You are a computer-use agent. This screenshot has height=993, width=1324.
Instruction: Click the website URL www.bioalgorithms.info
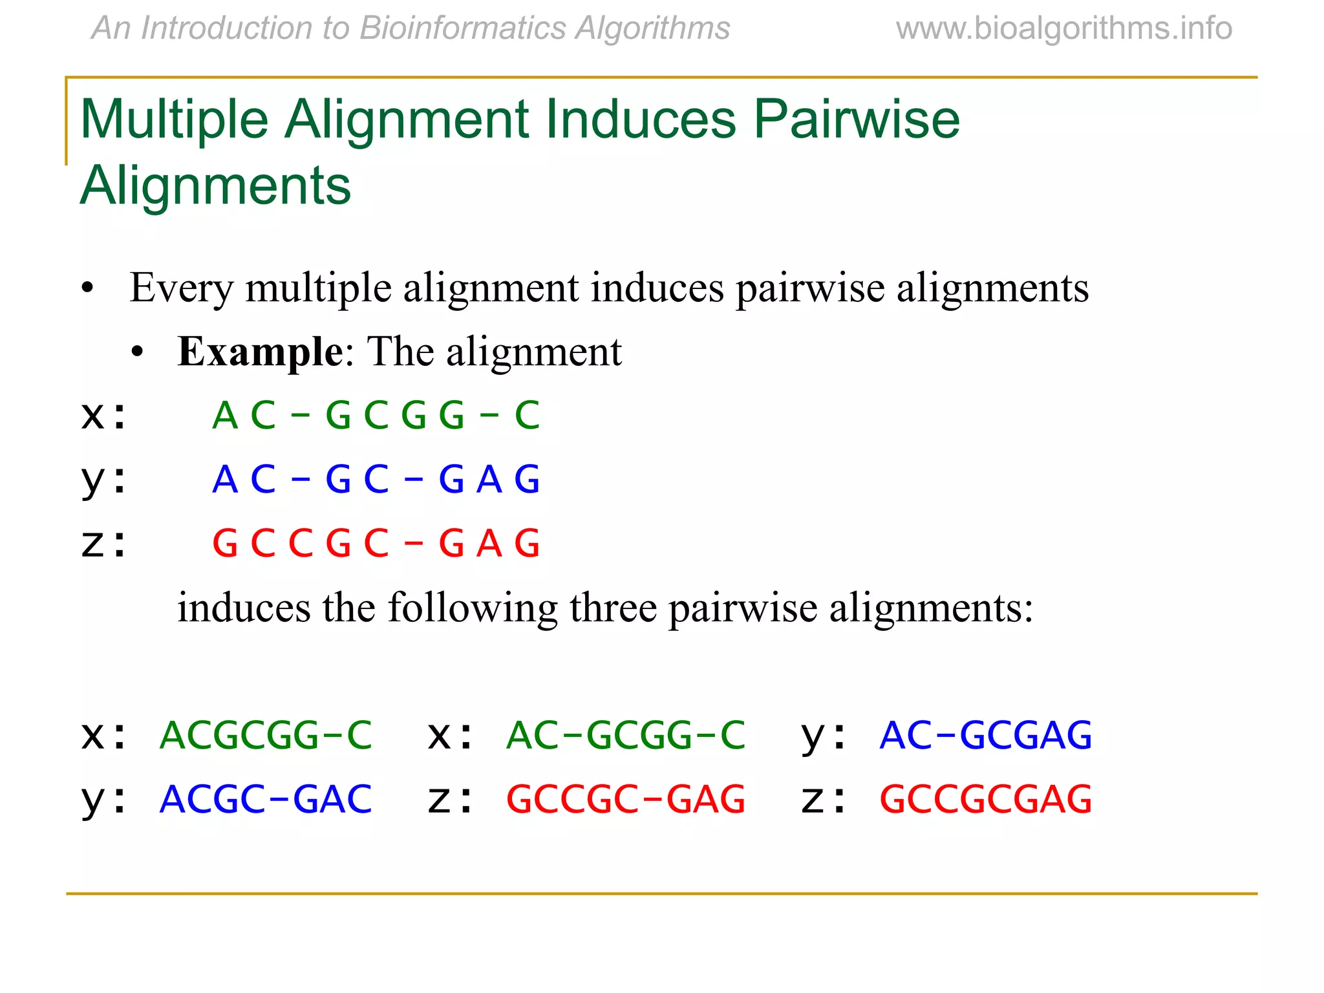[x=1063, y=28]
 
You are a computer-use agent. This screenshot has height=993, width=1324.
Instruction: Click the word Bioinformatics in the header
[x=462, y=28]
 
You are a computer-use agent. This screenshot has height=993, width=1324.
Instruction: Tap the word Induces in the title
[x=640, y=120]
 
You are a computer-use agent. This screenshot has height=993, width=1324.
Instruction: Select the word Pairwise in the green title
[x=857, y=120]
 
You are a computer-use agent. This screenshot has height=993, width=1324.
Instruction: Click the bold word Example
[x=260, y=352]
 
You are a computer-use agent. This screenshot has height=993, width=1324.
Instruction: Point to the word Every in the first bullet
[x=180, y=288]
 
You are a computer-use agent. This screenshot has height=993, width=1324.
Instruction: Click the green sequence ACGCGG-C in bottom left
[x=266, y=735]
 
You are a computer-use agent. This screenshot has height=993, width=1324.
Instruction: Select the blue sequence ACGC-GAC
[x=266, y=799]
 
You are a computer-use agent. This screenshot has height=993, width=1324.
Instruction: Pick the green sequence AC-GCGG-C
[x=626, y=735]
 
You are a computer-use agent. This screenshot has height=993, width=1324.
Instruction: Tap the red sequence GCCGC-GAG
[x=626, y=799]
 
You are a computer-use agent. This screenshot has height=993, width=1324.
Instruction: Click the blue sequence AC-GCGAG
[x=986, y=735]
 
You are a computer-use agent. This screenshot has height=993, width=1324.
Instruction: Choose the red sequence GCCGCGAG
[x=986, y=799]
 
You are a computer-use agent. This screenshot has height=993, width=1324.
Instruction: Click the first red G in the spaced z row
[x=225, y=543]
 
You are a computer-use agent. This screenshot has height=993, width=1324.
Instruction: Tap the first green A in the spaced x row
[x=225, y=415]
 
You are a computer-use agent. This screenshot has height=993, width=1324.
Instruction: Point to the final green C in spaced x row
[x=527, y=415]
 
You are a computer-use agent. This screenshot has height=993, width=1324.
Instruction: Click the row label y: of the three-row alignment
[x=103, y=480]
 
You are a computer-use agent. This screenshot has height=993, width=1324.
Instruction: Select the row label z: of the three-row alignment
[x=103, y=543]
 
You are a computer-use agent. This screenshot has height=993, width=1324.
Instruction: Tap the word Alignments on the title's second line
[x=215, y=186]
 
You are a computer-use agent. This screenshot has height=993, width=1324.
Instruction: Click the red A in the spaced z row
[x=489, y=543]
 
